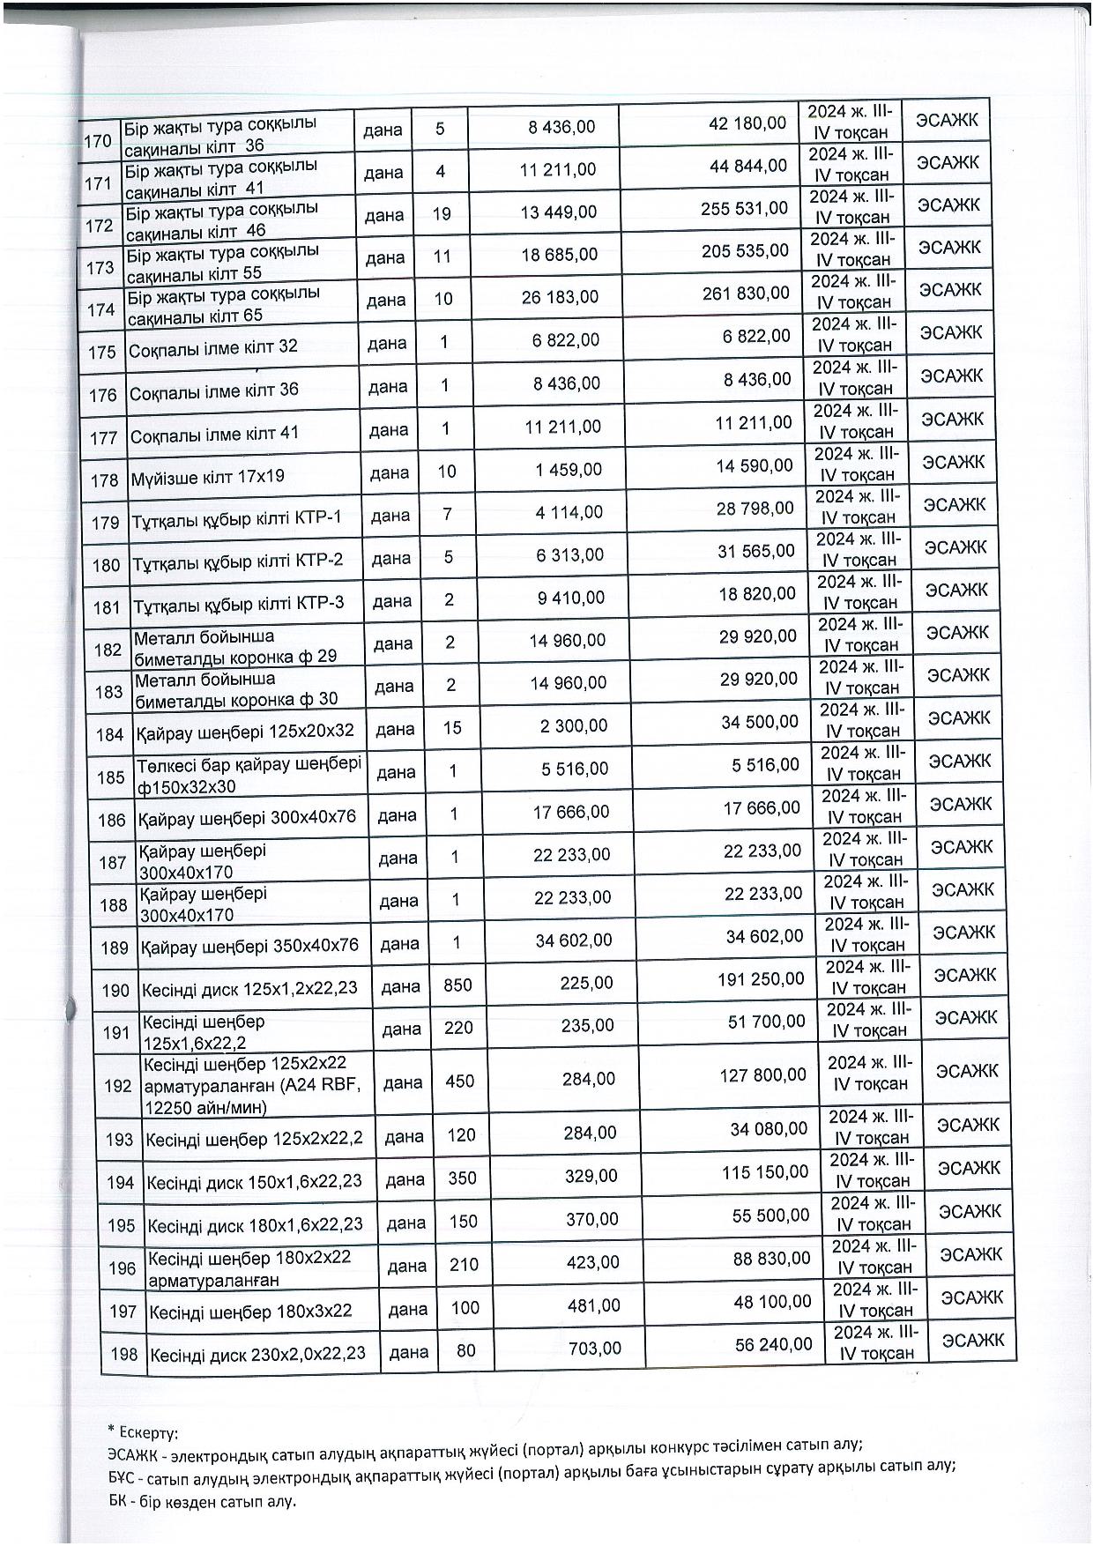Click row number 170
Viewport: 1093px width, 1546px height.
[97, 140]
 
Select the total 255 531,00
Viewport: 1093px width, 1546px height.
[746, 208]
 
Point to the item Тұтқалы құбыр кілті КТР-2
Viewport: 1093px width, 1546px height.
[237, 561]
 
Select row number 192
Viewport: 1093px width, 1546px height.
[118, 1086]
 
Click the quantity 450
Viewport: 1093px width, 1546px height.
[459, 1081]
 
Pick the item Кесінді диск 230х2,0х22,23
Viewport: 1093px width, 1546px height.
[257, 1354]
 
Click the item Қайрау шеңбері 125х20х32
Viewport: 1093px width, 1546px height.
[245, 731]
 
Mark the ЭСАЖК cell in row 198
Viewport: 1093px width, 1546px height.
[973, 1341]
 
